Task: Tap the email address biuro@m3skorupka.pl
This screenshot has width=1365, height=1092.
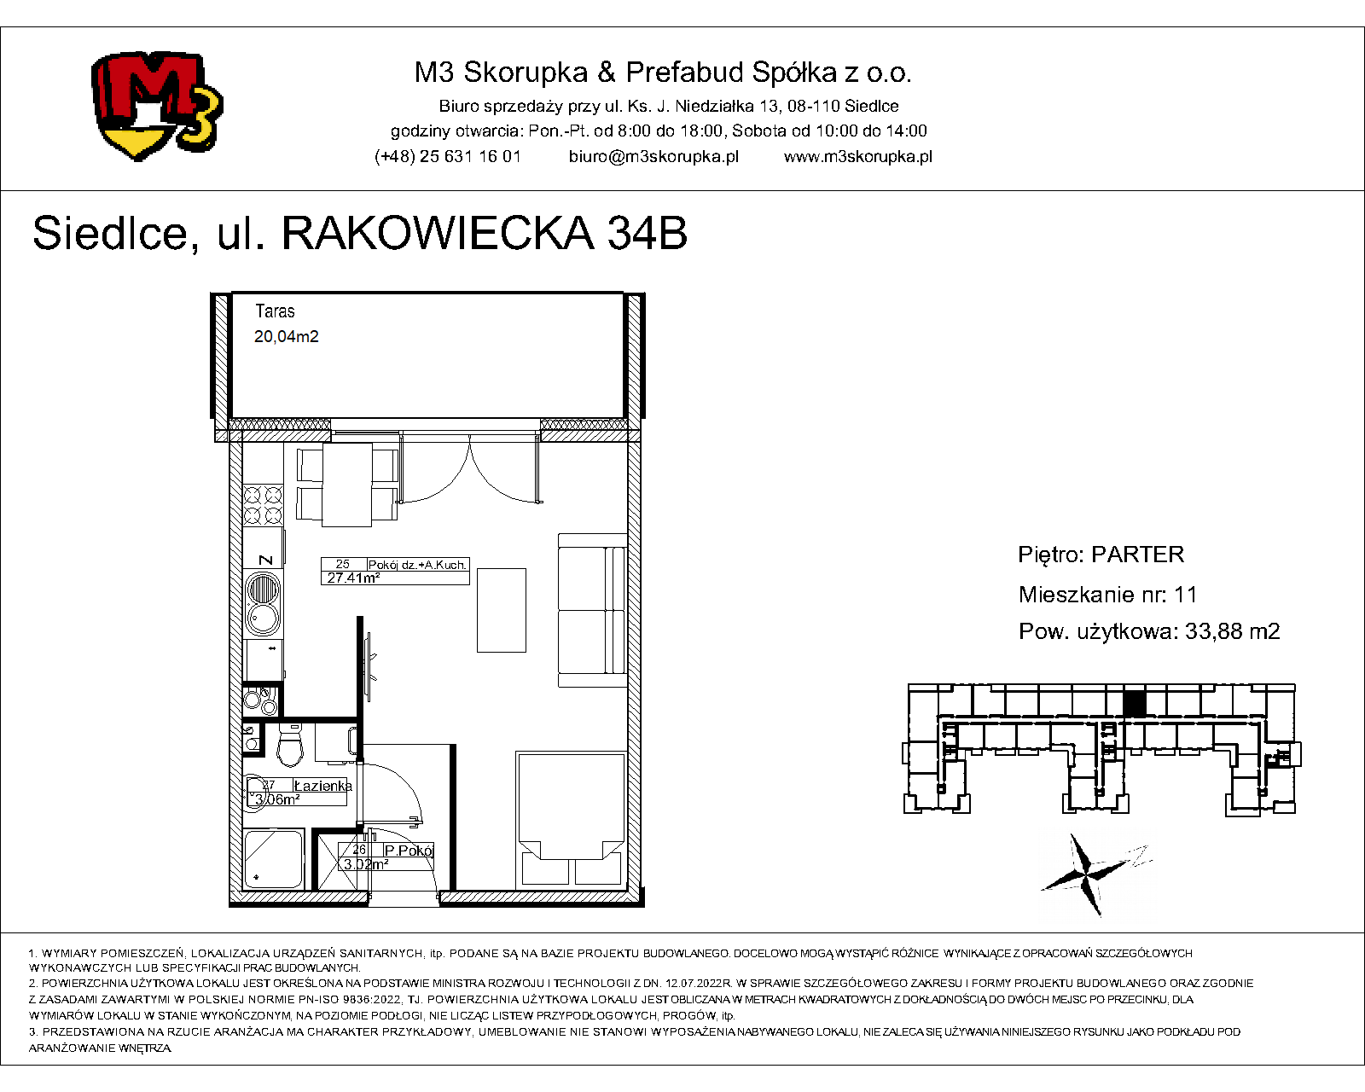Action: coord(653,157)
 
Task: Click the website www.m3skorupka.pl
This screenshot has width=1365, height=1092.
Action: coord(857,157)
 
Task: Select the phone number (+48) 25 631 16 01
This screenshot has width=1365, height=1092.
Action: coord(448,157)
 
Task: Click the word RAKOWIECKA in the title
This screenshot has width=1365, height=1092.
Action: coord(438,233)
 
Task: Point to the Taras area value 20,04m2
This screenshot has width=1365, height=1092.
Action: coord(286,336)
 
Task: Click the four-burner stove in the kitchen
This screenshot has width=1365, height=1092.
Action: coord(264,505)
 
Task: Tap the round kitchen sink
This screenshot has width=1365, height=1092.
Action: coord(264,603)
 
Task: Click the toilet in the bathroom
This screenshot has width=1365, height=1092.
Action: coord(291,746)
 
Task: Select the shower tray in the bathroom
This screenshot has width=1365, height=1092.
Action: coord(274,858)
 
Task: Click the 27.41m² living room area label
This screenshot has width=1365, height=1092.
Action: coord(353,578)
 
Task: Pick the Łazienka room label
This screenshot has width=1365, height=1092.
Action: coord(322,786)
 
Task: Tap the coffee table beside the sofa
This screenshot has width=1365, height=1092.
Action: coord(502,610)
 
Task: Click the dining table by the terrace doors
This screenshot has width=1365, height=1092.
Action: coord(347,485)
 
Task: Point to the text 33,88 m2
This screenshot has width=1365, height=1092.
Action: coord(1232,631)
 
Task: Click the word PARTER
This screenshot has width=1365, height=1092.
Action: coord(1137,555)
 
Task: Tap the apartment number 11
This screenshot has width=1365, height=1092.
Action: coord(1185,595)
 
